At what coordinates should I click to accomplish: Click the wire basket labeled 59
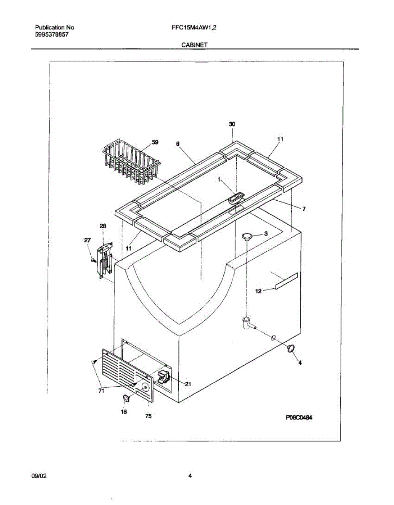131,163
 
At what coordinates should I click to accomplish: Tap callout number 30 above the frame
232,124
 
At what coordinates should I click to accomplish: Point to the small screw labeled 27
94,260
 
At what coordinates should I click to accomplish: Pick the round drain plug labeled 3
247,237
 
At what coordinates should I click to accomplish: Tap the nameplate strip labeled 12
286,281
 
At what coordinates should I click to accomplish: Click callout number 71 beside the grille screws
101,391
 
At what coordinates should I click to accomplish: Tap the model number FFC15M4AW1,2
194,28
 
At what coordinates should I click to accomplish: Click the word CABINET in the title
194,45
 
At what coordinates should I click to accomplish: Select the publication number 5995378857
52,35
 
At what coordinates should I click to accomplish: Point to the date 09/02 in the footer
39,476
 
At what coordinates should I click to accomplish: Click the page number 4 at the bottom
190,476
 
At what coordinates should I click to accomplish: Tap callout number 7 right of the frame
304,209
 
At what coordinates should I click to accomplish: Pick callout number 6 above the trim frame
177,144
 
